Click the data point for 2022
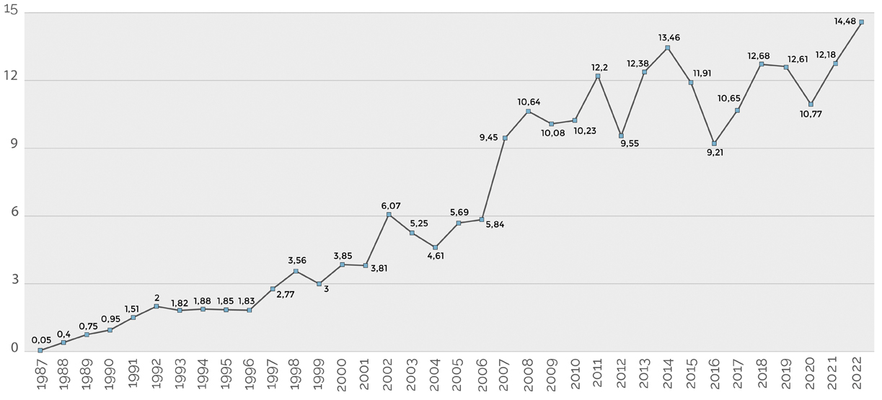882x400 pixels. (861, 22)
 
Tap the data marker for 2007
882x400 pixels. (505, 138)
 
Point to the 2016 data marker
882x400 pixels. (714, 143)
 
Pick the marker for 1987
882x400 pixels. (40, 350)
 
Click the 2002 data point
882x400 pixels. (389, 215)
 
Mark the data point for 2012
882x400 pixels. (621, 135)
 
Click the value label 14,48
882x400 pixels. (844, 22)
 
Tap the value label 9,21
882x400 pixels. (714, 155)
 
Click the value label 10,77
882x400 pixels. (811, 114)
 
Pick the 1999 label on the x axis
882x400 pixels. (319, 378)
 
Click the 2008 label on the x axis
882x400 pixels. (529, 378)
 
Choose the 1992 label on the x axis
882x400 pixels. (156, 378)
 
